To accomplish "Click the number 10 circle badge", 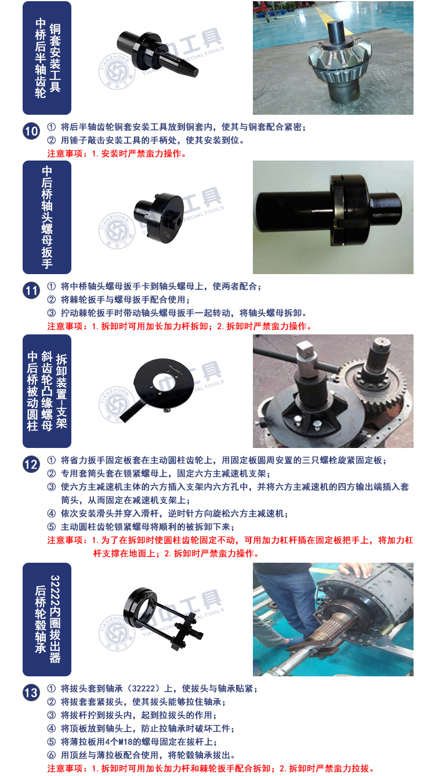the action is pyautogui.click(x=31, y=132).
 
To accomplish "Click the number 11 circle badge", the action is pyautogui.click(x=31, y=291).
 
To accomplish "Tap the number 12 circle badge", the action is pyautogui.click(x=31, y=464).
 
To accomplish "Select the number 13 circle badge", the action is pyautogui.click(x=31, y=693).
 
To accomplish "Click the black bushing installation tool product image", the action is pyautogui.click(x=157, y=53).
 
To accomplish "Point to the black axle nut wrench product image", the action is pyautogui.click(x=159, y=217).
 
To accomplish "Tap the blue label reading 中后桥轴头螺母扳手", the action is pyautogui.click(x=47, y=217).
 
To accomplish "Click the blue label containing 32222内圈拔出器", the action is pyautogui.click(x=47, y=620).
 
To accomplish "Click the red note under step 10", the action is pyautogui.click(x=117, y=154).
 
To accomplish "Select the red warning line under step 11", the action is pyautogui.click(x=180, y=326).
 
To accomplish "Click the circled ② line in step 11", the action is pyautogui.click(x=118, y=300).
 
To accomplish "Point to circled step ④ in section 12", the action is pyautogui.click(x=168, y=513).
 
